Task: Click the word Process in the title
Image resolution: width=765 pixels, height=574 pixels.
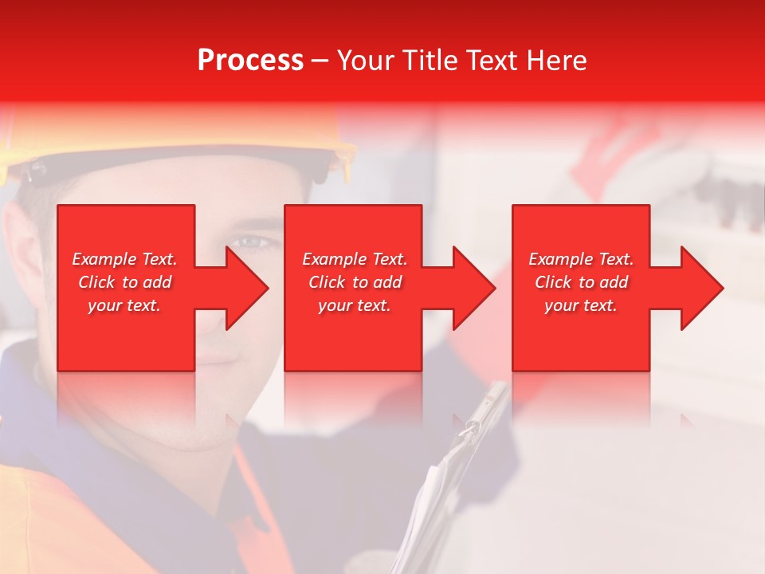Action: click(x=250, y=61)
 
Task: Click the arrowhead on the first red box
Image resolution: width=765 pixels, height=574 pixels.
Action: click(x=244, y=288)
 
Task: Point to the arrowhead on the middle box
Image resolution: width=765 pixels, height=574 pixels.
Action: click(x=471, y=288)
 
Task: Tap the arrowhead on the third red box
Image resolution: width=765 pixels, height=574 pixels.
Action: click(x=699, y=288)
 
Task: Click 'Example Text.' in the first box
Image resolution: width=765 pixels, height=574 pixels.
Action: click(x=124, y=259)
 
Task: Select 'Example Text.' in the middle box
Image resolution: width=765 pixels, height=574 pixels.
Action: click(x=355, y=259)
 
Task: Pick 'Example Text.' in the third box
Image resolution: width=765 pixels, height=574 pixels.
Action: click(x=581, y=259)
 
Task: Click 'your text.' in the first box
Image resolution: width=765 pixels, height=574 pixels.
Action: click(x=124, y=305)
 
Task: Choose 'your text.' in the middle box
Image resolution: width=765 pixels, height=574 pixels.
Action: click(x=355, y=305)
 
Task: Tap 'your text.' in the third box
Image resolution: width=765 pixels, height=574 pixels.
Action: click(x=581, y=305)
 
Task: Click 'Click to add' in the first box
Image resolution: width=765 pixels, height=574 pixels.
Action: click(x=124, y=282)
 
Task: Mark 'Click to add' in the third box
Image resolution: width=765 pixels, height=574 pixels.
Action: click(x=581, y=282)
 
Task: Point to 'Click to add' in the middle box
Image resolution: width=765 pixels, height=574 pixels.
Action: click(x=355, y=282)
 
